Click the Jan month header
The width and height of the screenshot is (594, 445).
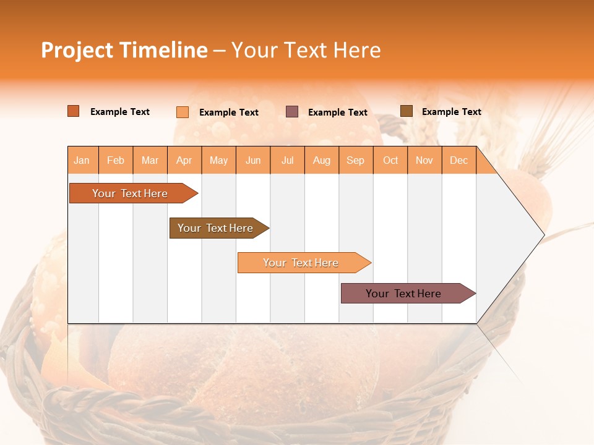[x=82, y=160]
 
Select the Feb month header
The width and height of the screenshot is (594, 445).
[x=116, y=160]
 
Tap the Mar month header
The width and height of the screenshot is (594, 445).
[x=150, y=160]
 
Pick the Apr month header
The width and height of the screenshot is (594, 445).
[x=184, y=160]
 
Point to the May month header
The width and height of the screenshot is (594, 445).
[x=218, y=160]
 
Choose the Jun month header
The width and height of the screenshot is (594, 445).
[x=253, y=160]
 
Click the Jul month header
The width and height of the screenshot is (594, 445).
[x=287, y=160]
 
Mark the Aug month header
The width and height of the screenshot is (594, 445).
[x=322, y=160]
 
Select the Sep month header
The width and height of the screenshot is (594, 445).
[x=356, y=160]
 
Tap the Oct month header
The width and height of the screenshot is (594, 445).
[x=390, y=160]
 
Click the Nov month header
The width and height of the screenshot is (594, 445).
[x=424, y=160]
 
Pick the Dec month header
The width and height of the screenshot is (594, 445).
[x=459, y=160]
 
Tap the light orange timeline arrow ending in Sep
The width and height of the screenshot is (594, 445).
[x=301, y=263]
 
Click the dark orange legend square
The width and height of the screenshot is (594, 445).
[x=73, y=111]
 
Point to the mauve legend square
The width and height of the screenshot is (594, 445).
[x=292, y=112]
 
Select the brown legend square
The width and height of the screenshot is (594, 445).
[x=406, y=111]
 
